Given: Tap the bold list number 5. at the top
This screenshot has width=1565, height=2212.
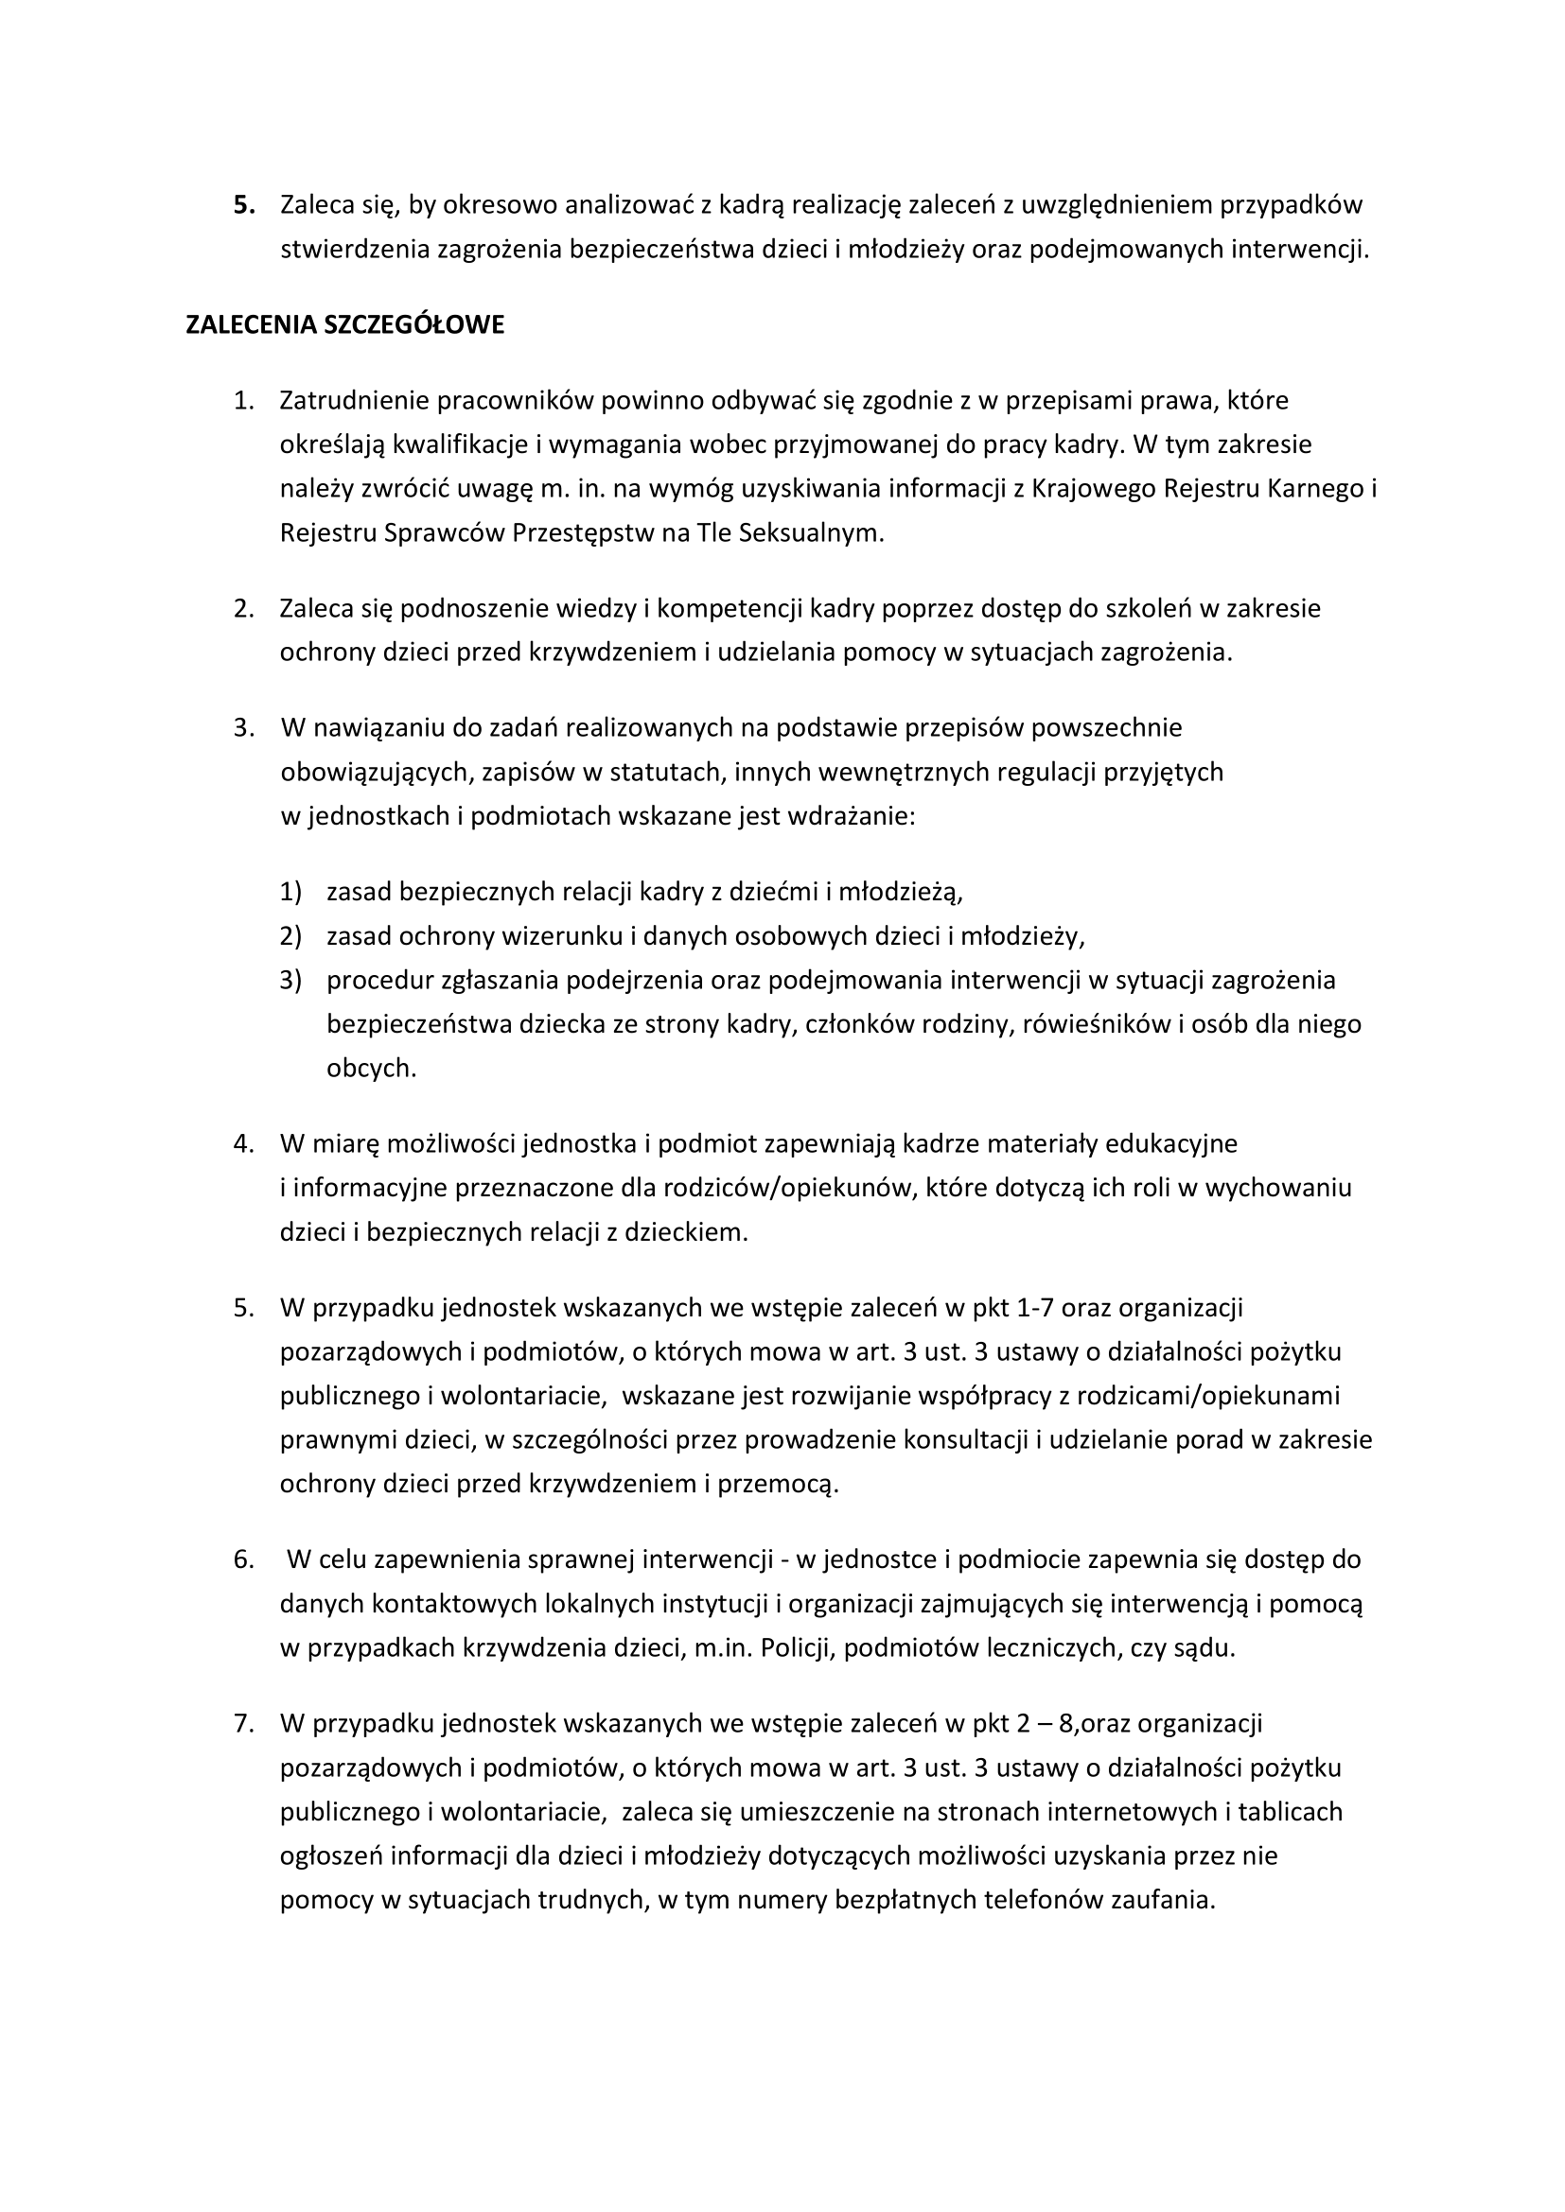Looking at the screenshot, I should tap(245, 205).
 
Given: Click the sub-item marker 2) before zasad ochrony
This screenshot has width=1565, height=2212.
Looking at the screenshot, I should tap(291, 935).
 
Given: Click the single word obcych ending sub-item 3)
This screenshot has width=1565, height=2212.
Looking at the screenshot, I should tap(371, 1069).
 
